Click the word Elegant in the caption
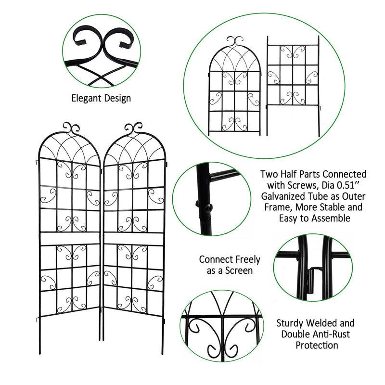[87, 98]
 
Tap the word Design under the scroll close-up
[117, 98]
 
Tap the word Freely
[245, 259]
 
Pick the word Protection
[316, 345]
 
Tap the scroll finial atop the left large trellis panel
[71, 128]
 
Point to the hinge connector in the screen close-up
[308, 278]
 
